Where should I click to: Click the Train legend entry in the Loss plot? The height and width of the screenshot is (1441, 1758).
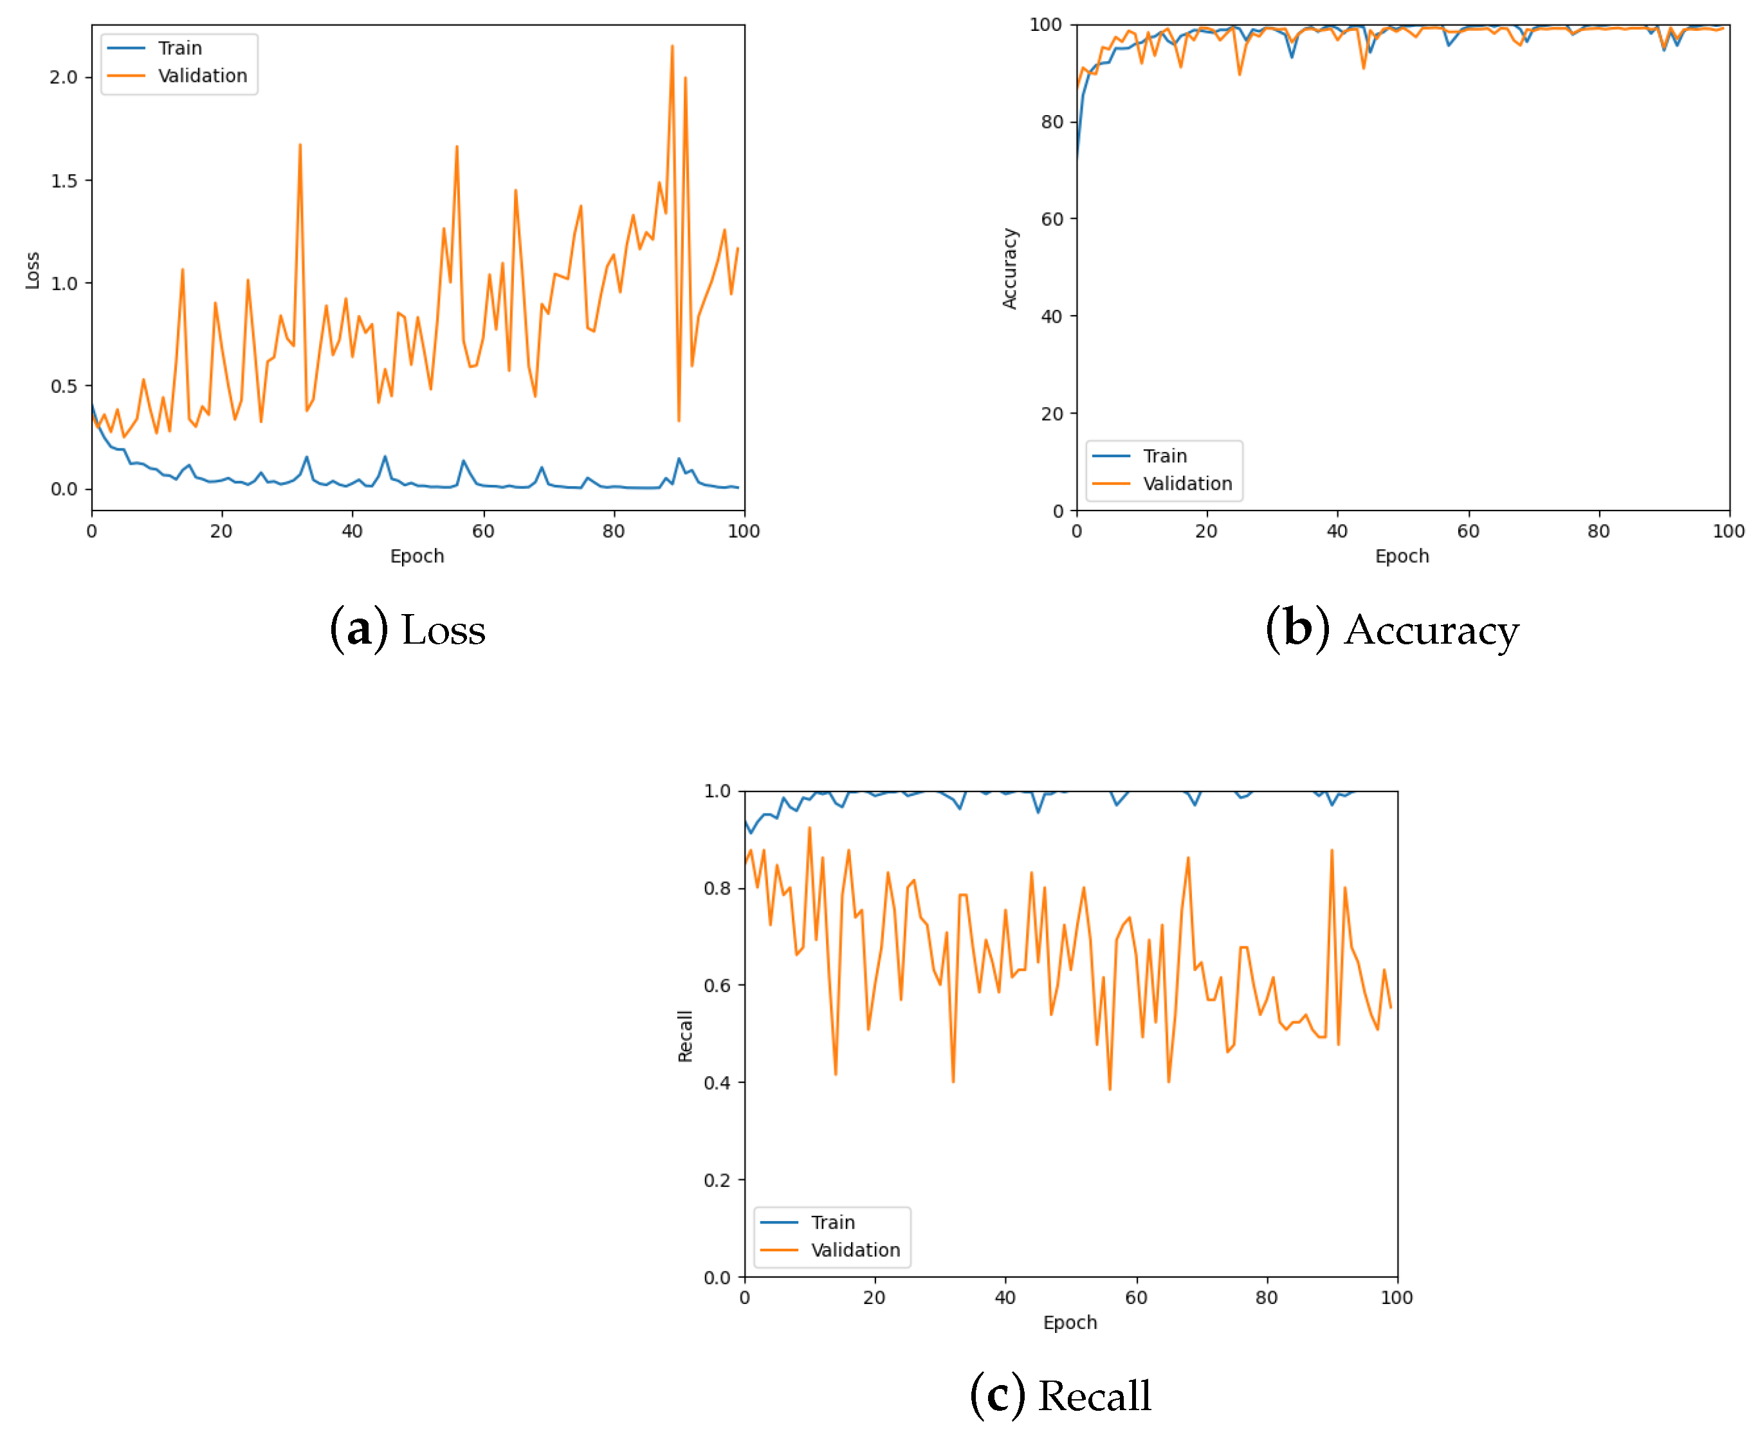click(x=179, y=48)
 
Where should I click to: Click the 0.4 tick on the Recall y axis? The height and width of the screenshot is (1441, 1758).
click(x=717, y=1082)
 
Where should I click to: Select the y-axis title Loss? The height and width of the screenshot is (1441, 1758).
click(x=32, y=270)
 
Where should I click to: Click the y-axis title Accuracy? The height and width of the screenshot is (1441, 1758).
click(x=1009, y=268)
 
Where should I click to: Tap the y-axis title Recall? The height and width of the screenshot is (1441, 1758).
click(x=684, y=1035)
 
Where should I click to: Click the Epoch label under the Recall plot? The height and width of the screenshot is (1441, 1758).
click(x=1070, y=1322)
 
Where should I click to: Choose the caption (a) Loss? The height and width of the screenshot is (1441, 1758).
click(x=407, y=630)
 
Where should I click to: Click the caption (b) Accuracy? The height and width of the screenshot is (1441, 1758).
click(x=1392, y=630)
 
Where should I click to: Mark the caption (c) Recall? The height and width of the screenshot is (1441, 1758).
click(x=1061, y=1395)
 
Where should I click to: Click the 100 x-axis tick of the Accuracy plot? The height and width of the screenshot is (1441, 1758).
click(x=1728, y=531)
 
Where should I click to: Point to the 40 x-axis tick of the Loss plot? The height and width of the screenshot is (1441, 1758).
click(x=352, y=531)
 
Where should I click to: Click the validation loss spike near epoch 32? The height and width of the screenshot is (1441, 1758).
click(x=300, y=146)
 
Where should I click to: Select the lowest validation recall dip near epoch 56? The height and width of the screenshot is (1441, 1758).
click(x=1110, y=1088)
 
